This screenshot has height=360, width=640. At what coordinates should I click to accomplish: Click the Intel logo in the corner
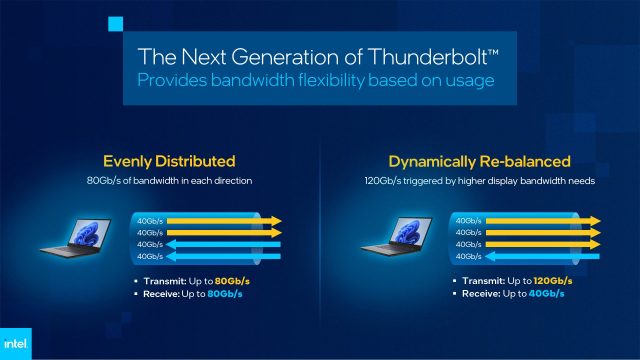(21, 340)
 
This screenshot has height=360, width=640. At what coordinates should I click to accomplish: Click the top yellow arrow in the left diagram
(225, 220)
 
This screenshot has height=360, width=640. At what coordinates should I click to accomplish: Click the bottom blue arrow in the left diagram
(225, 257)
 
